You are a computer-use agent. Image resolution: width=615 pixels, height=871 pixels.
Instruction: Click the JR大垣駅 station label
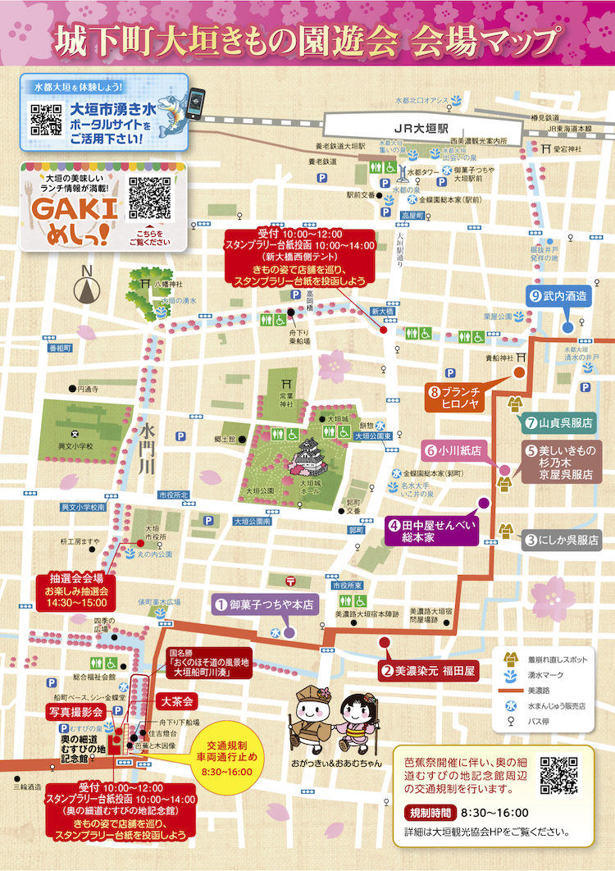tap(420, 130)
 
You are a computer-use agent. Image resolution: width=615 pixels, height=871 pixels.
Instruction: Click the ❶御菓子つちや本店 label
tap(264, 605)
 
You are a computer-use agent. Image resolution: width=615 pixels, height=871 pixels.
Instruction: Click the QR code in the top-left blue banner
tap(46, 120)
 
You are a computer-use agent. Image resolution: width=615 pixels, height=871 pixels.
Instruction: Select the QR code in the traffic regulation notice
tap(559, 773)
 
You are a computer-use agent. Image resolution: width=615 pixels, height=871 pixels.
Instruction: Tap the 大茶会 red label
tap(175, 702)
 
